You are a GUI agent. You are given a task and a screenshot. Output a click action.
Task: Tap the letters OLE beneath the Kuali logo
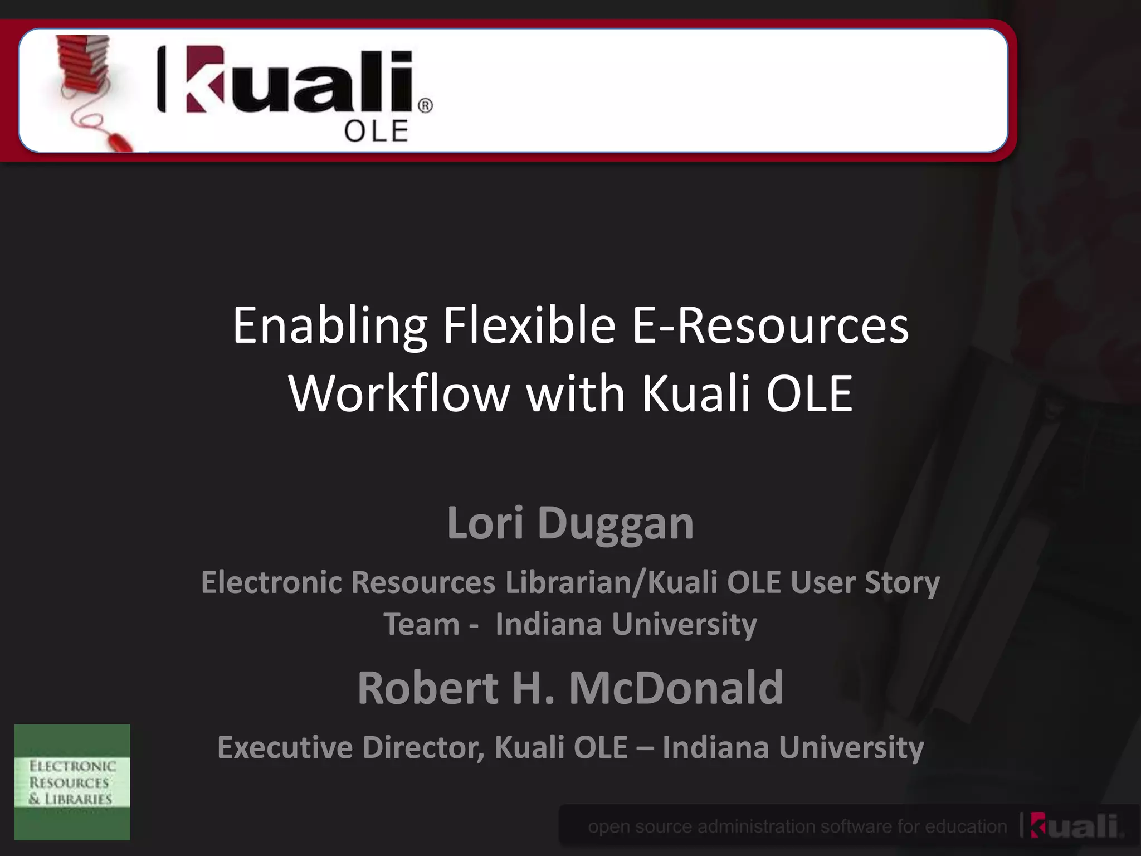376,132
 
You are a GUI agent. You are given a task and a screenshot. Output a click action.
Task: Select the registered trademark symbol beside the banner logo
425,106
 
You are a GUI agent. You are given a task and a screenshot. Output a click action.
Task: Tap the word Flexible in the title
529,325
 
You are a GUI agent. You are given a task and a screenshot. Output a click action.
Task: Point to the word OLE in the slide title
809,393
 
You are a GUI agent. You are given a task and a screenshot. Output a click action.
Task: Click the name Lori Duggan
570,523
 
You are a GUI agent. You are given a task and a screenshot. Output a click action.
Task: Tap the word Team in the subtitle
421,624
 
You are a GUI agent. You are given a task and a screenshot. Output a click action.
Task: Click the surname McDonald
676,688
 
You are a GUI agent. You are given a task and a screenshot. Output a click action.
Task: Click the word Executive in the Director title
285,747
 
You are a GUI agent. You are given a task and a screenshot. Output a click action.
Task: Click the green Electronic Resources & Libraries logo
72,782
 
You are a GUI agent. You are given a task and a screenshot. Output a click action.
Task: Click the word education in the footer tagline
966,826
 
